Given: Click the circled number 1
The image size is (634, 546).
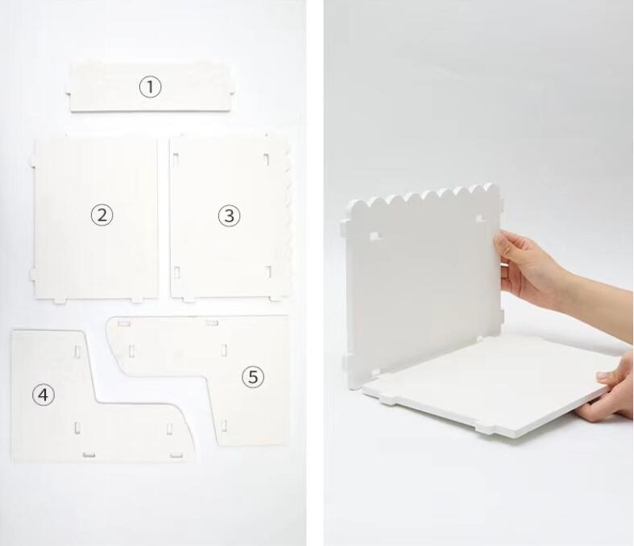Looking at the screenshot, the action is pos(151,87).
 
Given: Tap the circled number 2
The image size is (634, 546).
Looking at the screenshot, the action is pos(102,214).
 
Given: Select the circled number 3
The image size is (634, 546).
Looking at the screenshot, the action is pos(230,215).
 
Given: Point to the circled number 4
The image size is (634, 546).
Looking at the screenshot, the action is pos(44,395).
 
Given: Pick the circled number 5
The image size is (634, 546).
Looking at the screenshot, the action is pos(253,377).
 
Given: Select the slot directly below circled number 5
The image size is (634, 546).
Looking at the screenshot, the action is pos(224,424).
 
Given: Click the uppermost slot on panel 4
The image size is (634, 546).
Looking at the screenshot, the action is pos(77,351).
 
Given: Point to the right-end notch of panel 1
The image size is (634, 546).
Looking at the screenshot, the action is pos(232,93).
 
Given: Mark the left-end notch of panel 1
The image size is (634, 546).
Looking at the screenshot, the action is pos(68,94).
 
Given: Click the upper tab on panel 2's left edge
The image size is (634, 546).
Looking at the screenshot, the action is pos(31,161).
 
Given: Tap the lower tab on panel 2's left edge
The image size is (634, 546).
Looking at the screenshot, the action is pos(33,275).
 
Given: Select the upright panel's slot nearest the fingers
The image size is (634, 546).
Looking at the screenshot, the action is pos(480,220).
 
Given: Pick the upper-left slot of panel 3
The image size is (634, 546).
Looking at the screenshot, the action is pos(176,159).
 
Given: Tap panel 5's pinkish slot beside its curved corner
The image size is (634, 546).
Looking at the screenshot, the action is pos(124,323).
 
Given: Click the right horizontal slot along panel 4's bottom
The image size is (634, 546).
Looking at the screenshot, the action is pos(176,456).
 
